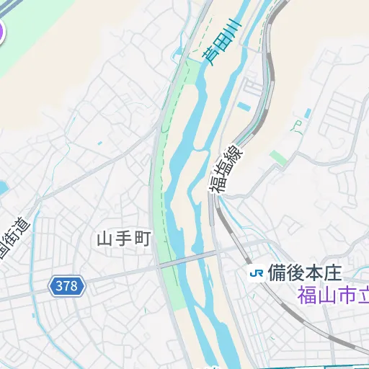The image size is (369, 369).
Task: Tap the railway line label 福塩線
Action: (x=228, y=167)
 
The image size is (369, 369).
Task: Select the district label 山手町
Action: (x=124, y=239)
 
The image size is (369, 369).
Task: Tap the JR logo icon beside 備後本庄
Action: (x=256, y=273)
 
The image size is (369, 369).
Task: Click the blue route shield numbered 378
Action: (x=67, y=286)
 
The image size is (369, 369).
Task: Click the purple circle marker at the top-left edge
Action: (x=1, y=30)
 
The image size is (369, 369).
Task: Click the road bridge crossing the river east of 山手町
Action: (x=189, y=260)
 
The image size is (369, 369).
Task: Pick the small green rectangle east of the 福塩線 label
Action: (x=277, y=156)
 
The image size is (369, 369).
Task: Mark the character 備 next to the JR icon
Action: (x=277, y=273)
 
